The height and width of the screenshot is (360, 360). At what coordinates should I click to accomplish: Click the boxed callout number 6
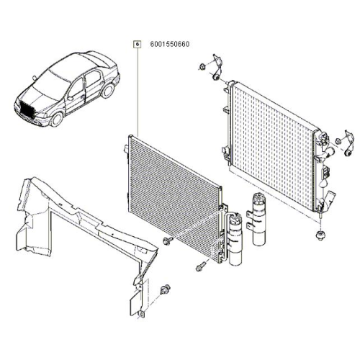tap(137, 45)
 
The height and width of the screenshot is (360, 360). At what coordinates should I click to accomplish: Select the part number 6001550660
tap(170, 44)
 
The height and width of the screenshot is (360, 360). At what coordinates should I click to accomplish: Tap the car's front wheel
tap(57, 119)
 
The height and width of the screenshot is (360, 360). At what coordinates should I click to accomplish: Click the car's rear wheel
tap(107, 91)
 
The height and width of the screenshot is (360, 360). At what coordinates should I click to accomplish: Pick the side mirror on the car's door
tap(71, 98)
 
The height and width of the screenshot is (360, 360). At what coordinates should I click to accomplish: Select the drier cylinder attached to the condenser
tap(235, 239)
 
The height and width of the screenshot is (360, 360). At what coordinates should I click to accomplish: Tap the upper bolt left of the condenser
tap(168, 240)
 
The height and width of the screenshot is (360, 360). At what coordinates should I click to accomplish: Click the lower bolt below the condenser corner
tap(200, 266)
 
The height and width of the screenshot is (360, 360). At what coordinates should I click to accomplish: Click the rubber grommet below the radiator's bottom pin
tap(320, 235)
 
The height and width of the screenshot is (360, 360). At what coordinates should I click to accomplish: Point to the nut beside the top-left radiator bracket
tap(202, 66)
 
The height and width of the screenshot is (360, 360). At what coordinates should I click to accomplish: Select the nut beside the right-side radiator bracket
tap(338, 141)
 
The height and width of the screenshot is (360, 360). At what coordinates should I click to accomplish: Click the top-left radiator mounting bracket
tap(217, 68)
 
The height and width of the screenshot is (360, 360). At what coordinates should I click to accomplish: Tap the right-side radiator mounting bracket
tap(348, 143)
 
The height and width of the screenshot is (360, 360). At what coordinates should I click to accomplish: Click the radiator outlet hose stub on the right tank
tap(329, 152)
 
